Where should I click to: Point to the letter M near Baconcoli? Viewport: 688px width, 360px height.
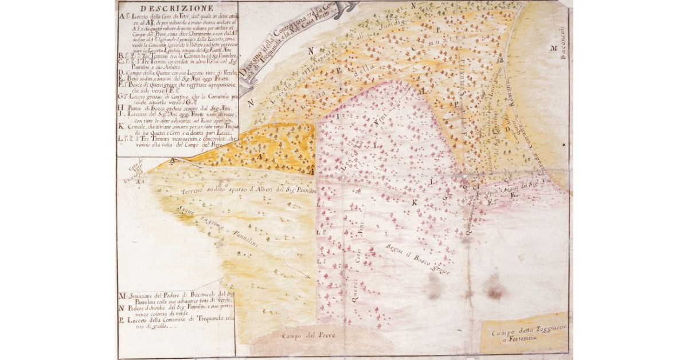pyautogui.click(x=554, y=49)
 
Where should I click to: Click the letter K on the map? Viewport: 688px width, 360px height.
pyautogui.click(x=414, y=202)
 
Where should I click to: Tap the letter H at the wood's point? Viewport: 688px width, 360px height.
pyautogui.click(x=421, y=91)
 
